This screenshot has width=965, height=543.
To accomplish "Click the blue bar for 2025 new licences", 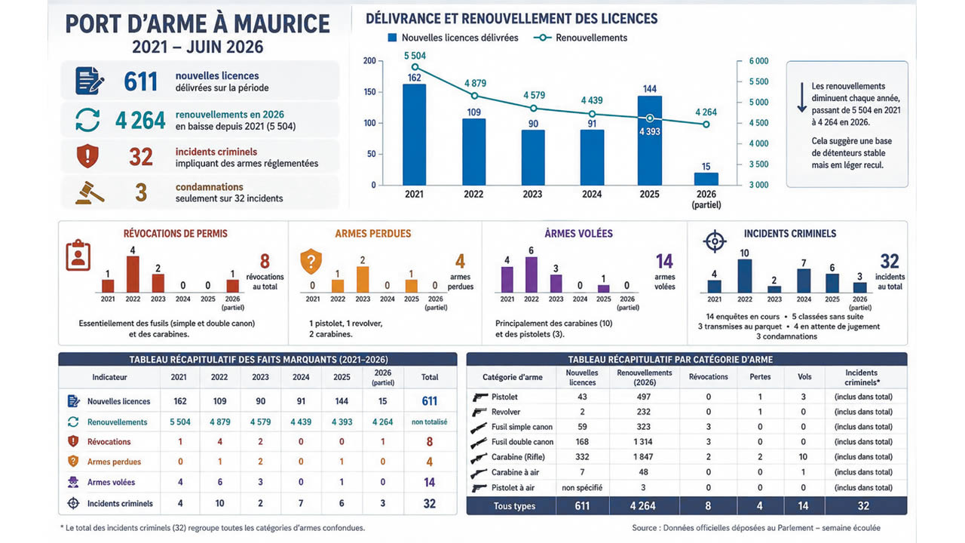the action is point(650,140).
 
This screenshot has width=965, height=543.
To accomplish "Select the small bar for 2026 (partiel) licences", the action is point(706,179).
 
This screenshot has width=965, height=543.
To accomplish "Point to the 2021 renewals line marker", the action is point(415,67).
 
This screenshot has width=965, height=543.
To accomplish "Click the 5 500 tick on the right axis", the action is point(758,81).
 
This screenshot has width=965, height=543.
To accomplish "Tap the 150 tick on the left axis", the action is point(369,92).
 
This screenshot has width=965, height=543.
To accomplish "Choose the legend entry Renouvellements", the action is point(581,38).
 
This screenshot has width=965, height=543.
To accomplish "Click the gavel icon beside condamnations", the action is point(90,192).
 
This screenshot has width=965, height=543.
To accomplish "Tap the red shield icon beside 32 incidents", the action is point(87,156).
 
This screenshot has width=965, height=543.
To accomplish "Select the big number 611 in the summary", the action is point(140,81).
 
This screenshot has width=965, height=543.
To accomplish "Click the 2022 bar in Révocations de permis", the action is point(133,275).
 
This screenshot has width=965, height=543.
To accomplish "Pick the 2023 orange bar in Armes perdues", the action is point(363,280).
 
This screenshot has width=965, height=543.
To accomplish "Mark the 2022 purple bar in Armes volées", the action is point(532,275).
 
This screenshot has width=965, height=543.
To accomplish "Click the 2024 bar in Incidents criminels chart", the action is point(804,281).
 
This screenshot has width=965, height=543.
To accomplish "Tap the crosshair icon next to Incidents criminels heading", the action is point(715,241).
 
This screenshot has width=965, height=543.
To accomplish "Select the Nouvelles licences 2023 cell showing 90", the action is point(260,401).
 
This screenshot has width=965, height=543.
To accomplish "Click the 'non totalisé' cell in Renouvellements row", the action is point(429,422).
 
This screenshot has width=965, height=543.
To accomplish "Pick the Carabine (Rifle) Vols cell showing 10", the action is point(803,457).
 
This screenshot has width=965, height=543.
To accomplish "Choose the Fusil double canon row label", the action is point(522,442).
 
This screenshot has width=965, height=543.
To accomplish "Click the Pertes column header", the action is point(760,376).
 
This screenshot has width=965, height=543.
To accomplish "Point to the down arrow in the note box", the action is point(801,97).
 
